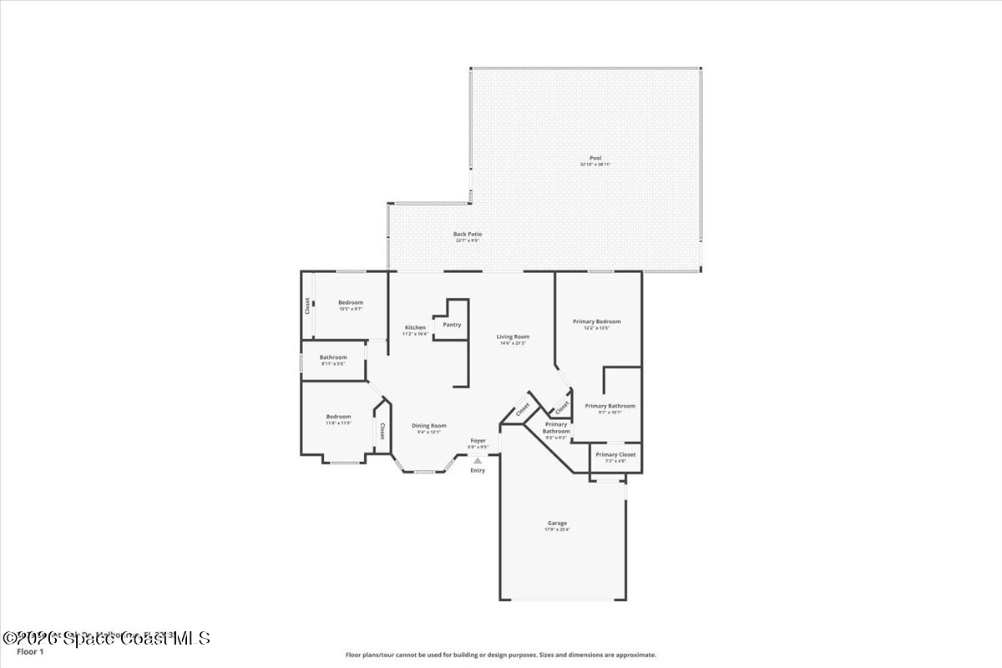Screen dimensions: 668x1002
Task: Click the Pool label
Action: [595, 158]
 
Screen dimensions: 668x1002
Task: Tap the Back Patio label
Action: [468, 235]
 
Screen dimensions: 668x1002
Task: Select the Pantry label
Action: [452, 325]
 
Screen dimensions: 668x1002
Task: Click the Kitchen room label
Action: [415, 327]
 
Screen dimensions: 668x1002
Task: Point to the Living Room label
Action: [513, 337]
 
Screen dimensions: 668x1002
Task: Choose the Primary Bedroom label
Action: [596, 321]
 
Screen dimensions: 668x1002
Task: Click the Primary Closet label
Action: [615, 454]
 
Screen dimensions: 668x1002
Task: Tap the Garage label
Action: [557, 523]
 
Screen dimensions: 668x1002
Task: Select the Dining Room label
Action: [429, 425]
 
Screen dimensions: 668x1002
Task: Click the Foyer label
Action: [478, 440]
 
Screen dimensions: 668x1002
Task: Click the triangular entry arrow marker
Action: [478, 459]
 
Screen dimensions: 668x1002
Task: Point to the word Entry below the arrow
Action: [478, 470]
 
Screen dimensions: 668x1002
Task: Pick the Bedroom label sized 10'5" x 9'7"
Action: [351, 302]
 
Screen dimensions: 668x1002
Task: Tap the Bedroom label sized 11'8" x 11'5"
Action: [338, 417]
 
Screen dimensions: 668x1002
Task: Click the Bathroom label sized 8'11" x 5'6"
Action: [332, 357]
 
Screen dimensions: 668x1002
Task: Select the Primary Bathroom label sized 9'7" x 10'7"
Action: [610, 406]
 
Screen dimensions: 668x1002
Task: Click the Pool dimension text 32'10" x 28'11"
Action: [595, 164]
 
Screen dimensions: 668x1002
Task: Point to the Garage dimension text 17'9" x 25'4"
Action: [557, 529]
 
